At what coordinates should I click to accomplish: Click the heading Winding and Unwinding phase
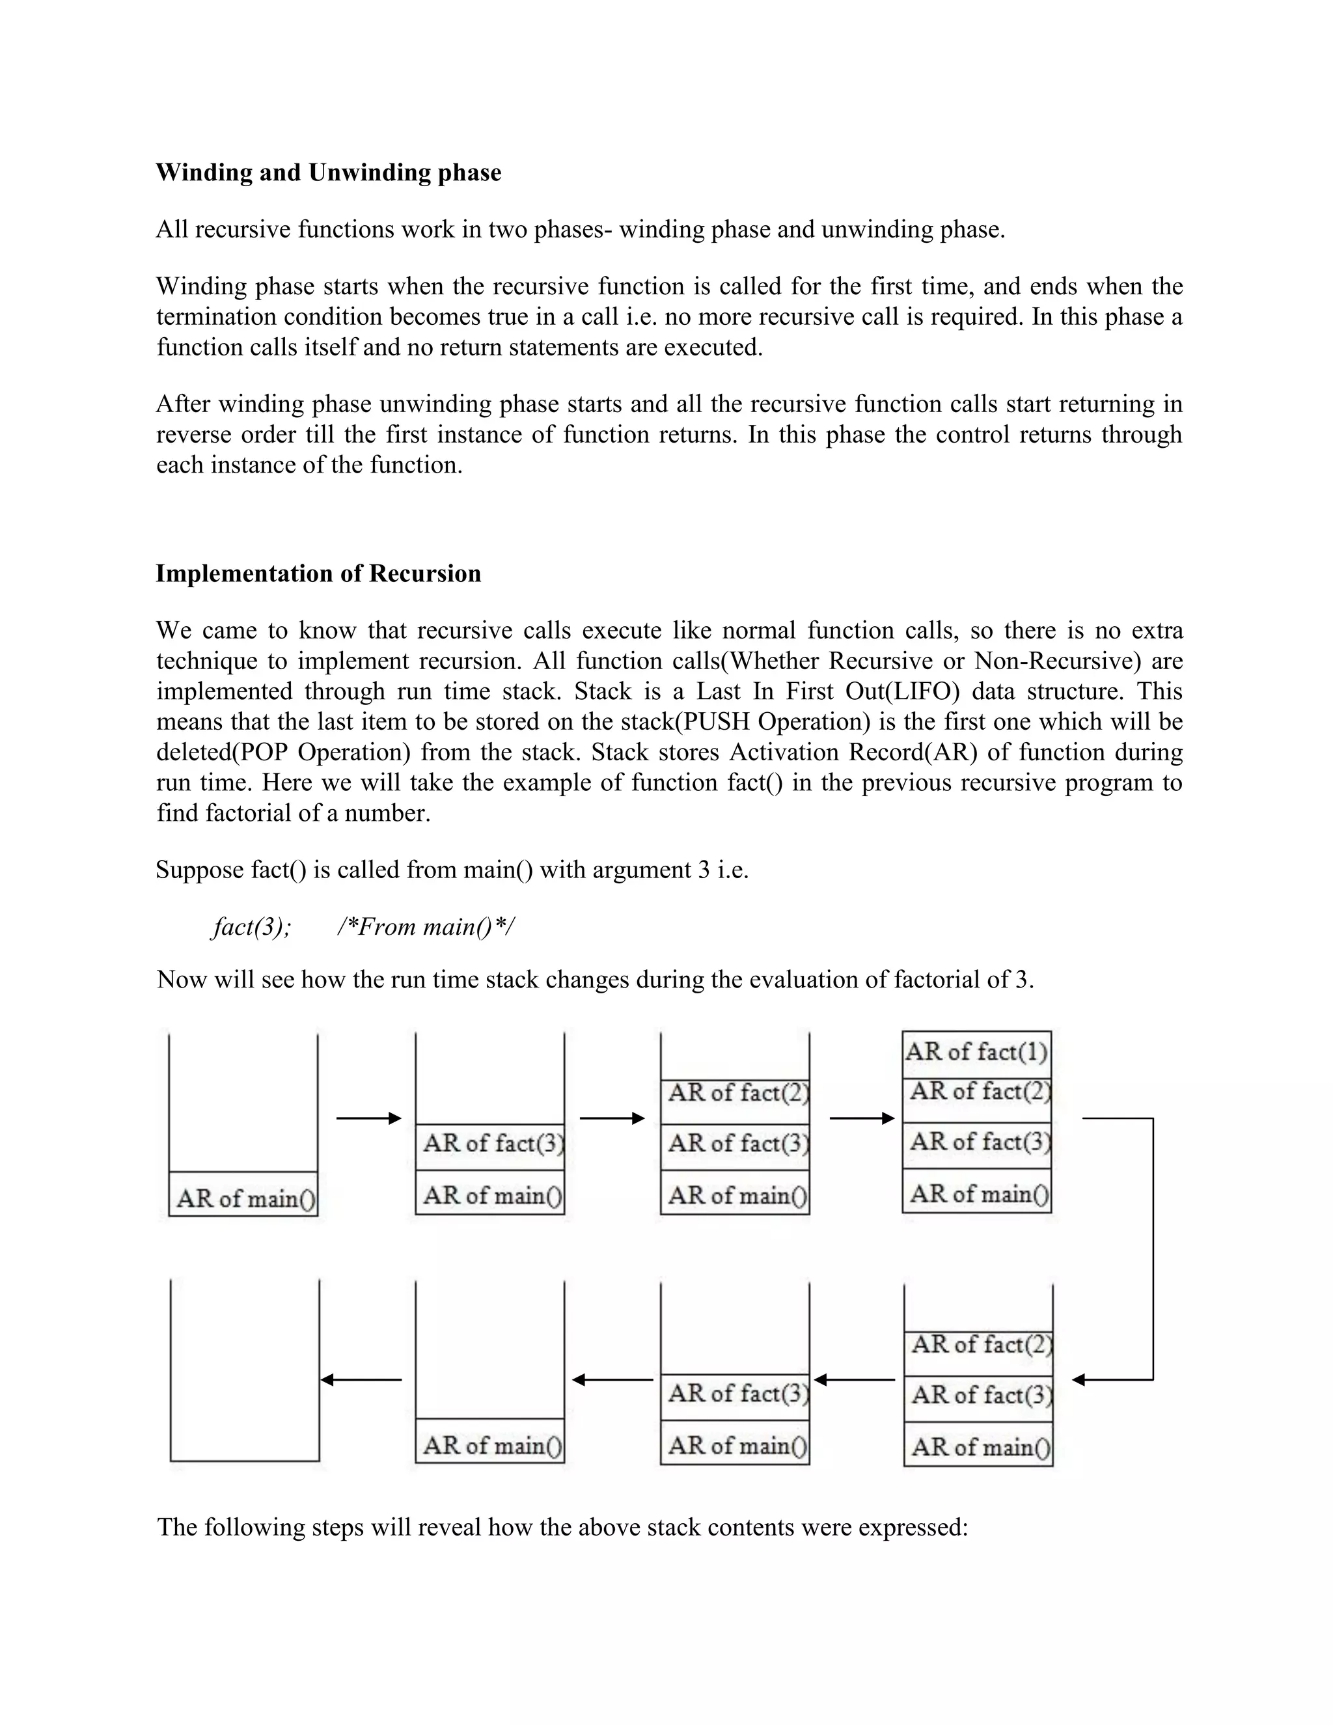[328, 172]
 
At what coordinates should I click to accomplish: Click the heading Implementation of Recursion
[318, 573]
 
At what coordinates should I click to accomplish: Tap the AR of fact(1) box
[976, 1053]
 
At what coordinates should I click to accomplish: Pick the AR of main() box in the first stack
[244, 1198]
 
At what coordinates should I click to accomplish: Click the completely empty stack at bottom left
[245, 1374]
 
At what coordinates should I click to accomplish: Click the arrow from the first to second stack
[369, 1118]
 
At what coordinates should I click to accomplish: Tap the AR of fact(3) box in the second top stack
[489, 1144]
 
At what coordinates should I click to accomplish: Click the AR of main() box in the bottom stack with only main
[489, 1445]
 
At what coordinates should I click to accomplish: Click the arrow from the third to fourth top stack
[862, 1118]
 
